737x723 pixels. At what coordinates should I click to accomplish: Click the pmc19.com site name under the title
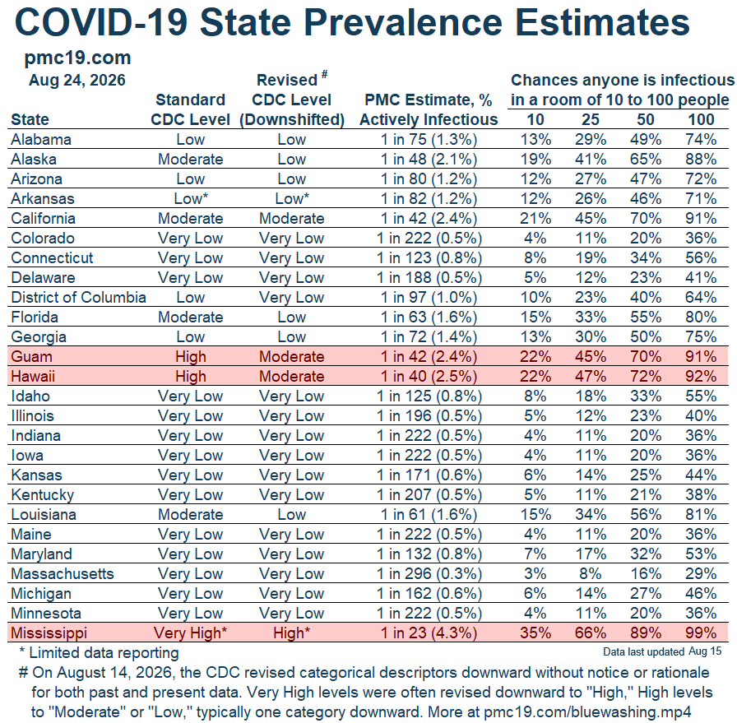pos(77,58)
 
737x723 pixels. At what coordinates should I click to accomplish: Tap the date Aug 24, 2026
pos(77,81)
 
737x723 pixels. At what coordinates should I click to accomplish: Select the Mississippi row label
pos(49,633)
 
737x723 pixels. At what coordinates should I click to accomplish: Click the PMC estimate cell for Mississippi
pos(429,633)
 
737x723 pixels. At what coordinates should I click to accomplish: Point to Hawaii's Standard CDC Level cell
pos(190,376)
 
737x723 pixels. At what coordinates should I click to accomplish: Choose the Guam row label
pos(31,356)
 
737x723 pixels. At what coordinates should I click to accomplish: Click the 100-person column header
pos(701,119)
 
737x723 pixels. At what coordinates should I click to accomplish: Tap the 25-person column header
pos(591,119)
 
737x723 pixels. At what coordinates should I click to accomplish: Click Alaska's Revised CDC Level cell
pos(291,159)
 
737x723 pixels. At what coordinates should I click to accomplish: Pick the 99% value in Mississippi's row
pos(701,633)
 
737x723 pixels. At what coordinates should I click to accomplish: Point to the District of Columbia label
pos(78,297)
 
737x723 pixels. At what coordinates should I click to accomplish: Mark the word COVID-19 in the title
pos(101,22)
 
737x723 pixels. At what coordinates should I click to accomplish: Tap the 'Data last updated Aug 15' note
pos(662,651)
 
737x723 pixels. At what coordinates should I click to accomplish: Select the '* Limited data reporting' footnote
pos(100,653)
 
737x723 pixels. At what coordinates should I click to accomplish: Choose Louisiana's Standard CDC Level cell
pos(190,514)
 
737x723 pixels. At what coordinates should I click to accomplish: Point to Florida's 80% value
pos(701,317)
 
